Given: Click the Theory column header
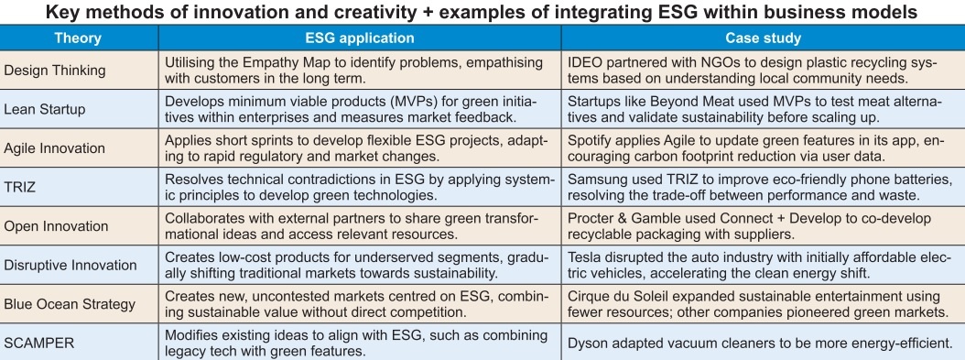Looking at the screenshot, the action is pyautogui.click(x=78, y=38).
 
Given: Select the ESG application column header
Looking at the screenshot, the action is pyautogui.click(x=360, y=38).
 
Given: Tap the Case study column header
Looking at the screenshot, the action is pyautogui.click(x=764, y=38).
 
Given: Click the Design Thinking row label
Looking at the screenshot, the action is pyautogui.click(x=55, y=71).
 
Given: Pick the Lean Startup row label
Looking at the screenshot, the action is pyautogui.click(x=44, y=110).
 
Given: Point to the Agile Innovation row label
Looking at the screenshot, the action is pyautogui.click(x=55, y=148).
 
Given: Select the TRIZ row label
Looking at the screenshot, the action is pyautogui.click(x=20, y=187).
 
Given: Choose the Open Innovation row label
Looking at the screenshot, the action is pyautogui.click(x=56, y=226).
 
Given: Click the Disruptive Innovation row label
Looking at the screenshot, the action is pyautogui.click(x=70, y=266).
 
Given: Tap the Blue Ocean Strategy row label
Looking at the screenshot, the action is pyautogui.click(x=70, y=304).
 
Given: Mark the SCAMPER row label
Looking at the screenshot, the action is pyautogui.click(x=38, y=343).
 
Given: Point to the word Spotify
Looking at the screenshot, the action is pyautogui.click(x=591, y=141).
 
